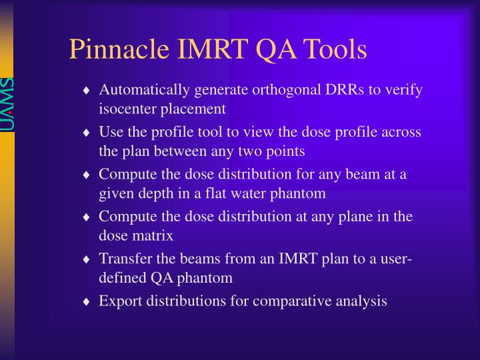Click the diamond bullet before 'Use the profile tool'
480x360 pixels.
(87, 133)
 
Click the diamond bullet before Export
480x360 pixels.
(87, 302)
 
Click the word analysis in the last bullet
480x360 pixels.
(363, 301)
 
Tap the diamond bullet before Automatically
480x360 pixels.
(87, 91)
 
